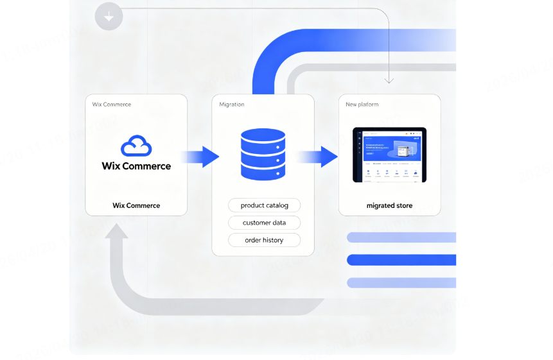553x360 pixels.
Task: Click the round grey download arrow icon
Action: coord(109,16)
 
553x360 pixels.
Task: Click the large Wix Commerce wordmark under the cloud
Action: coord(136,166)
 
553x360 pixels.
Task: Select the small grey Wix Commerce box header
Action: coord(112,105)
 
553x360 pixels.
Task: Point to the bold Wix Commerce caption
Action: coord(136,205)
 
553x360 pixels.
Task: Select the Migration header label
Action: coord(232,105)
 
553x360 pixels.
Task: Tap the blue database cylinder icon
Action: coord(263,155)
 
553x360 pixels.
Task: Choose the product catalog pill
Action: coord(264,205)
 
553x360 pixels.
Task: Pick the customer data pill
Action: coord(264,223)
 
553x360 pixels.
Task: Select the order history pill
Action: coord(264,240)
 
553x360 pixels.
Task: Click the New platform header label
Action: coord(362,105)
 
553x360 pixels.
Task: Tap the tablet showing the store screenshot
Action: coord(389,155)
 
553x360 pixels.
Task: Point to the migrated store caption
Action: coord(389,205)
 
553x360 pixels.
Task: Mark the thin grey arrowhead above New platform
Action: coord(389,80)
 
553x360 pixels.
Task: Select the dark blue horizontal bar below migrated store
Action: coord(401,260)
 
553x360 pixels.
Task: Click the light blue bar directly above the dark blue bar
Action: coord(401,237)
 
